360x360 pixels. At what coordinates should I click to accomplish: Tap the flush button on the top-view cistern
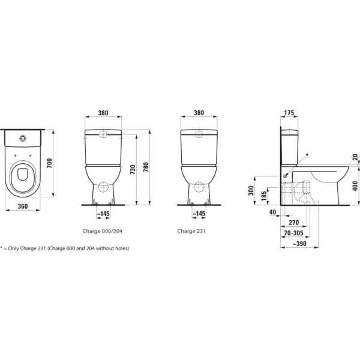point(23,139)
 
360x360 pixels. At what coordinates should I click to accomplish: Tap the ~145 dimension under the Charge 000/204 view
point(103,213)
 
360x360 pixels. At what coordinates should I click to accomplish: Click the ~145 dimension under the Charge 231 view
point(199,213)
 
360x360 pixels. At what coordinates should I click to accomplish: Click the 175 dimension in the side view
point(289,112)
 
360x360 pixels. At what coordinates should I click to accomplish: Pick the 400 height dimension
point(355,185)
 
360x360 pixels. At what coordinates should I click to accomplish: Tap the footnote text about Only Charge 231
point(65,248)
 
